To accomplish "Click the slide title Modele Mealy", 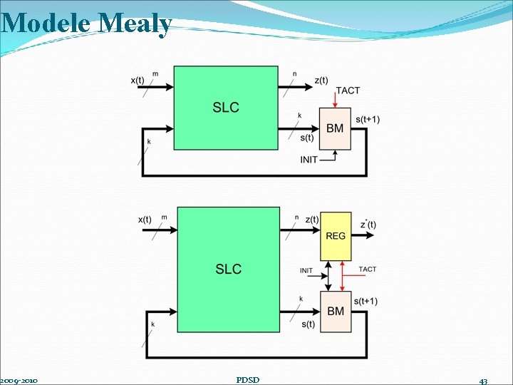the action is [x=86, y=24].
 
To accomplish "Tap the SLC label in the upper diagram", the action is [x=226, y=108].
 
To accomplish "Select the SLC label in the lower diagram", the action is [x=229, y=269].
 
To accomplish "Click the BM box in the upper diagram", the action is [x=335, y=129].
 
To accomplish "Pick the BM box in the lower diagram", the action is [x=336, y=311].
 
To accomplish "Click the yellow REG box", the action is [x=336, y=236].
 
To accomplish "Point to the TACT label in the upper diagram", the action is [x=348, y=91].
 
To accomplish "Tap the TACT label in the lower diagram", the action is [x=368, y=269].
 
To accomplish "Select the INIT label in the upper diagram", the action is [x=309, y=160].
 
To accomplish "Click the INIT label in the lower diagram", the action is [x=306, y=270].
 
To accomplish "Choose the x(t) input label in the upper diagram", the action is [x=140, y=81].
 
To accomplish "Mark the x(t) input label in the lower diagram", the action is [x=145, y=220].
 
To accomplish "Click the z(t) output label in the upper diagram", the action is [x=321, y=81].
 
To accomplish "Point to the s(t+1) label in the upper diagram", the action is [x=368, y=119].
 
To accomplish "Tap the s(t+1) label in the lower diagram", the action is [x=366, y=302].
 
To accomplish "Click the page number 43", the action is [x=483, y=381].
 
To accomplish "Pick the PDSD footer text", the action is [x=247, y=379].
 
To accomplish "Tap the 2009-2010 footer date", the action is [x=19, y=380].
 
